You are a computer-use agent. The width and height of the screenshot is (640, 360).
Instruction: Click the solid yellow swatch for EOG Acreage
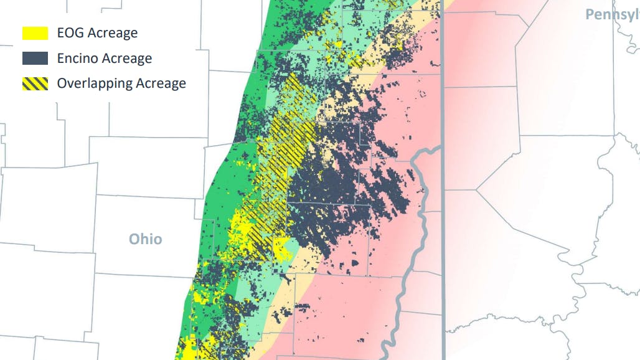35,33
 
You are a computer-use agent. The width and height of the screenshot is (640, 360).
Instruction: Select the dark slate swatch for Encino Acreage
35,59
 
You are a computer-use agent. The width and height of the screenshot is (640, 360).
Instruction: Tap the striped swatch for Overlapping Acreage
35,83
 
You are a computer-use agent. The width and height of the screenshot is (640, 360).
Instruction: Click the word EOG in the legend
70,33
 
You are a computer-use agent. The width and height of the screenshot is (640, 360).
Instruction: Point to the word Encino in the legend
77,59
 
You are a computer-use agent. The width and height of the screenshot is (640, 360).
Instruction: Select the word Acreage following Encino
127,59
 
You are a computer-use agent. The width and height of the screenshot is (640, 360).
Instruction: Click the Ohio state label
145,239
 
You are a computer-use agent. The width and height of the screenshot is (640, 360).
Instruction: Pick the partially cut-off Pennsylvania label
612,14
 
